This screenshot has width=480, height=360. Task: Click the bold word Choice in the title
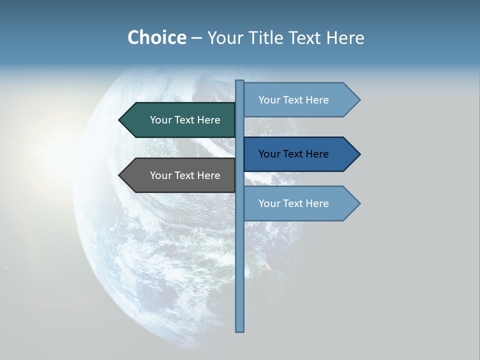pos(156,37)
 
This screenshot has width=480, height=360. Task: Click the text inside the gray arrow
pos(185,175)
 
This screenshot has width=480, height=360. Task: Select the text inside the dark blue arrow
pos(293,154)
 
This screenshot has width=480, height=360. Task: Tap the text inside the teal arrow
pos(185,120)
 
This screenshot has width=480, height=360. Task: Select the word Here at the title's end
pos(345,38)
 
